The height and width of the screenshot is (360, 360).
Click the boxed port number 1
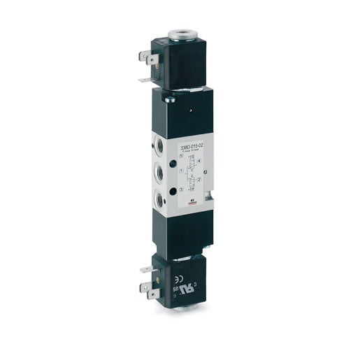tap(181, 169)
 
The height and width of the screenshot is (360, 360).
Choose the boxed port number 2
tap(199, 179)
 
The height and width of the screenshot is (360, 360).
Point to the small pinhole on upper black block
tap(189, 113)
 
